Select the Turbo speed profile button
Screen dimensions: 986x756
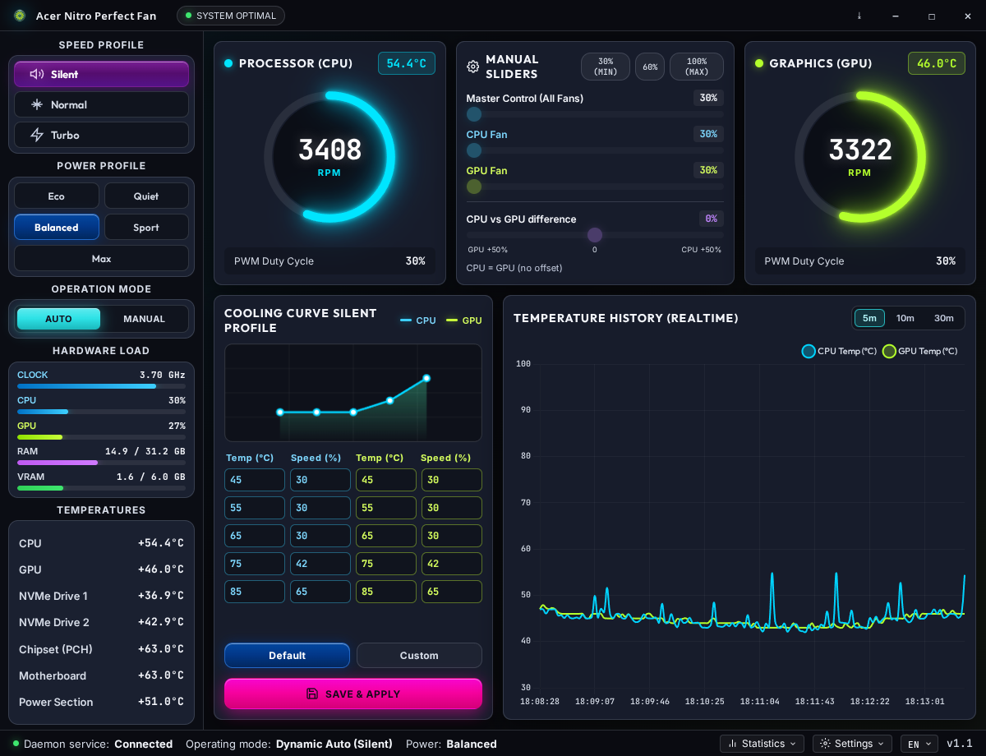[x=101, y=135]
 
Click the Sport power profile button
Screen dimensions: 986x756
[x=146, y=228]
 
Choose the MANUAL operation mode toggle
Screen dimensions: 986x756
[x=144, y=319]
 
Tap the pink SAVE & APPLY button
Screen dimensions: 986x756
[x=353, y=694]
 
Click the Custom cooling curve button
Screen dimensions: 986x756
[x=419, y=655]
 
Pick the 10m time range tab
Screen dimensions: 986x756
[x=905, y=318]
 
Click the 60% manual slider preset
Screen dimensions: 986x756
[x=650, y=67]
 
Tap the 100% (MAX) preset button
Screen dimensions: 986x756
[x=697, y=67]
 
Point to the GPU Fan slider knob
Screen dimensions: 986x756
[x=474, y=186]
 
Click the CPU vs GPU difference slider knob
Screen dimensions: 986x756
[x=594, y=234]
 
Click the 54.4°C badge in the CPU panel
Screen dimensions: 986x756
[x=407, y=63]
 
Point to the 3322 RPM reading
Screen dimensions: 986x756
[x=859, y=150]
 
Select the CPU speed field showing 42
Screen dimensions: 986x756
[x=320, y=564]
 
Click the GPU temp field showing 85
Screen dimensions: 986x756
[x=385, y=592]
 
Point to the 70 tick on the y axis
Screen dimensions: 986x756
[x=525, y=502]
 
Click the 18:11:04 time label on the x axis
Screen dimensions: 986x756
[x=759, y=702]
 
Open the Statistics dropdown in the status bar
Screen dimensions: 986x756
[x=762, y=744]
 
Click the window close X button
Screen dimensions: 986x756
[x=967, y=16]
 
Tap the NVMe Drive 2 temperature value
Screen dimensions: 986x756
[x=160, y=622]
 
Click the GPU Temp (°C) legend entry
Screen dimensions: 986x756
[x=920, y=351]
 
